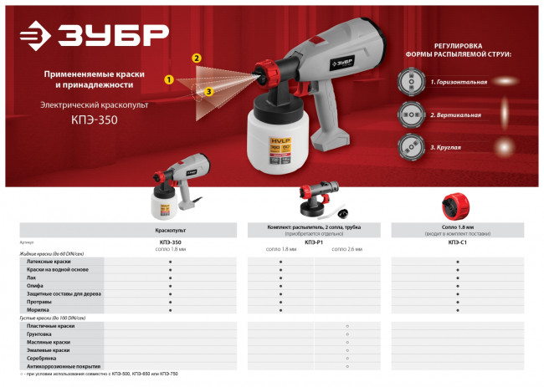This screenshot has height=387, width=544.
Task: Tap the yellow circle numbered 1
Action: click(169, 80)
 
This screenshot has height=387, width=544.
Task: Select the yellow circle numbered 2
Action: click(196, 59)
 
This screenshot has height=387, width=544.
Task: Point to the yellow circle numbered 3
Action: click(208, 90)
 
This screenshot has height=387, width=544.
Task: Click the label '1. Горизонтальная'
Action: click(459, 84)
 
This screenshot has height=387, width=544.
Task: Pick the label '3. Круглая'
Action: click(446, 147)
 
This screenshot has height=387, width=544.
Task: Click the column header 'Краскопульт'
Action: click(170, 228)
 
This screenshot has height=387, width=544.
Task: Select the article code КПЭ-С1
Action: click(458, 242)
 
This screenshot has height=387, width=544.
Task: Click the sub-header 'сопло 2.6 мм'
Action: click(347, 249)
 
